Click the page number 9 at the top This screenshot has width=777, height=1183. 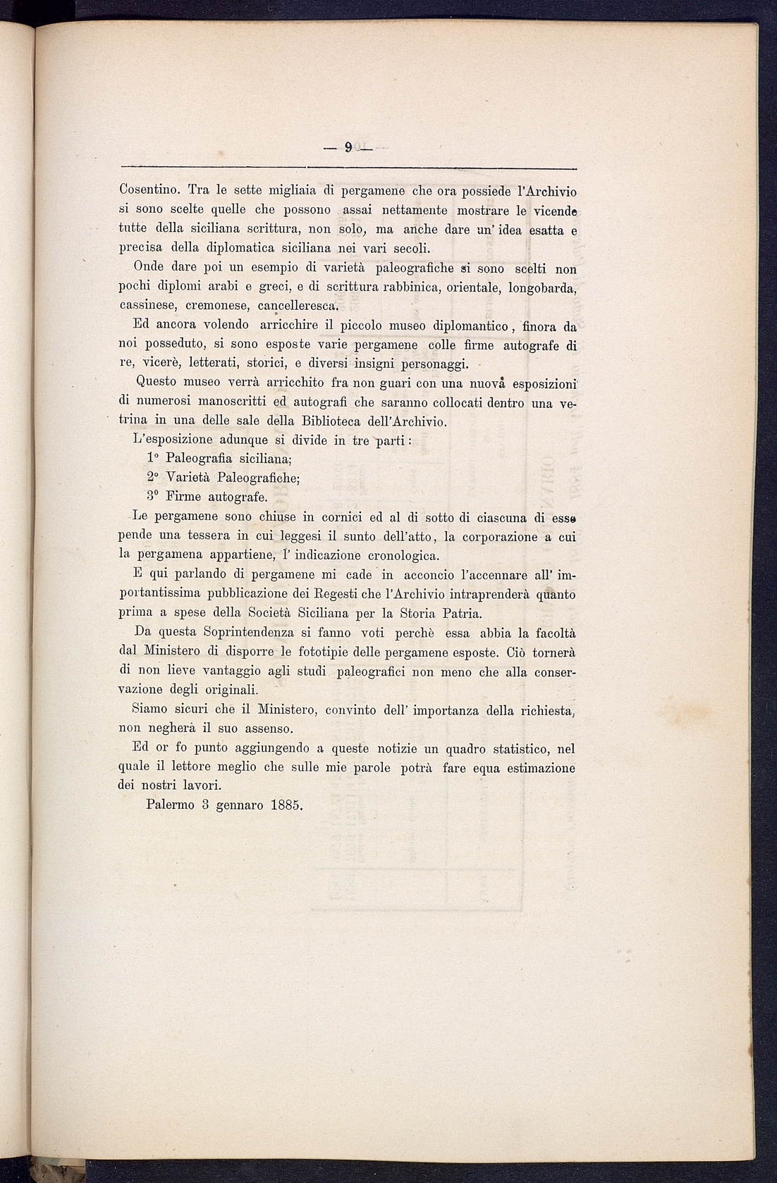click(x=348, y=147)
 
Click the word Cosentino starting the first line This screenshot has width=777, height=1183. click(x=149, y=191)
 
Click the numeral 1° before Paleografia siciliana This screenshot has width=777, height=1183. click(x=153, y=459)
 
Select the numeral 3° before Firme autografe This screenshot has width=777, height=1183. click(x=153, y=497)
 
